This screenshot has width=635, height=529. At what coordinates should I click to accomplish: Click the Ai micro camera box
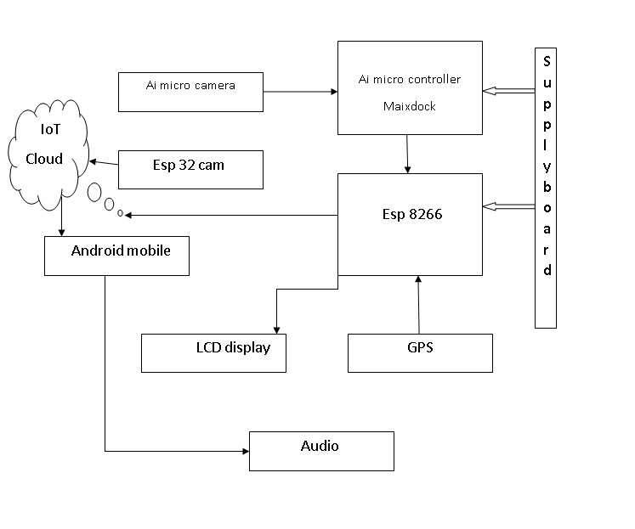tap(190, 92)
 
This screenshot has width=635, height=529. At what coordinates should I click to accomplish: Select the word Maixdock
tap(409, 107)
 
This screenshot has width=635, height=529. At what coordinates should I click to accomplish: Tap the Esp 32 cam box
tap(190, 169)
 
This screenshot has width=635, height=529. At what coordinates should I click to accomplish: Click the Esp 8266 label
tap(412, 215)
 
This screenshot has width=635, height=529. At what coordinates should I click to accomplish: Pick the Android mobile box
tap(116, 256)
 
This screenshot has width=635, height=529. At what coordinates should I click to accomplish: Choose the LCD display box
tap(213, 352)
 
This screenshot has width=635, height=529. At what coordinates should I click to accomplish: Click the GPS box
tap(420, 352)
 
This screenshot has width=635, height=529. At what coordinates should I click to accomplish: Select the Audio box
tap(321, 450)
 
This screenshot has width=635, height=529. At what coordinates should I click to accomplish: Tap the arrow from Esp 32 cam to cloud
tap(104, 162)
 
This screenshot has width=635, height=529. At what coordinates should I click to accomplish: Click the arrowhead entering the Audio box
tap(243, 451)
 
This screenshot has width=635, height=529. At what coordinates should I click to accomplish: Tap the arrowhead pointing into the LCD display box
tap(275, 329)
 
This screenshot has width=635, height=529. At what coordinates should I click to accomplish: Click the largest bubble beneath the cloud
tap(94, 192)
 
